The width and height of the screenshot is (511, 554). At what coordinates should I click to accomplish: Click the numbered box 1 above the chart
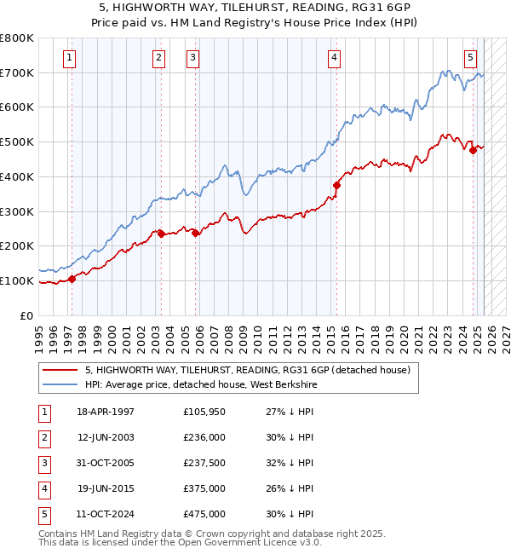(x=69, y=58)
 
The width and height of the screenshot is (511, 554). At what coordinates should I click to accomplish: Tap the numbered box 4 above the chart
(x=335, y=58)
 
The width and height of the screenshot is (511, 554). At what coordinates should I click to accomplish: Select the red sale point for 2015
(x=336, y=185)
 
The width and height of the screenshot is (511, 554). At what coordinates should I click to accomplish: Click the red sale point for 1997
(x=72, y=278)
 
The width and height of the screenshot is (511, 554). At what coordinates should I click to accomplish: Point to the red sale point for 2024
(x=473, y=151)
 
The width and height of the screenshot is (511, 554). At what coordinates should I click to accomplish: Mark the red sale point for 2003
(x=160, y=233)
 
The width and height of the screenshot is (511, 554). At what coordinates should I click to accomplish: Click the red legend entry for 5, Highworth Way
(x=248, y=370)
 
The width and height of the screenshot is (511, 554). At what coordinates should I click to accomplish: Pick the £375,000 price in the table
(x=204, y=489)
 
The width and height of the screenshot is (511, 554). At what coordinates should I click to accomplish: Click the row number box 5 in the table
(x=43, y=515)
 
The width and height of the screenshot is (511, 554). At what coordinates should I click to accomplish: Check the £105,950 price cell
(x=204, y=413)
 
